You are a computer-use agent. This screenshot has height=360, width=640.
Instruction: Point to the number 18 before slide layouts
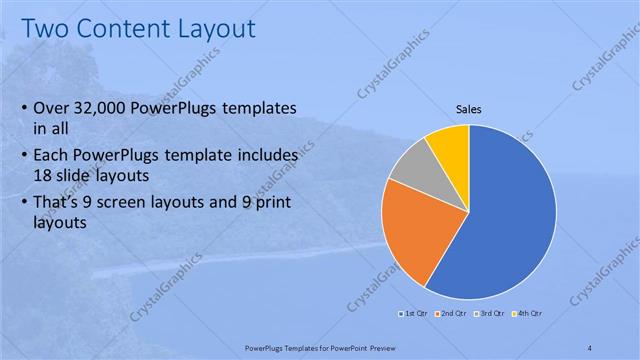click(44, 174)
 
